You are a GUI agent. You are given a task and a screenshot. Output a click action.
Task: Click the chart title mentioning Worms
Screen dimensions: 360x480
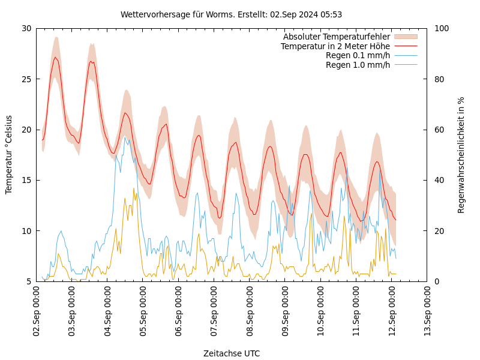[x=231, y=14]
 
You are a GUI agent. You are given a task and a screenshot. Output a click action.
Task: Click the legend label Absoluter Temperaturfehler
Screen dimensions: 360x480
[x=336, y=37]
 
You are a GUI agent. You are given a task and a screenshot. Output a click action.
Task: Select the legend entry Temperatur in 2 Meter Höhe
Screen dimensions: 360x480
[x=335, y=46]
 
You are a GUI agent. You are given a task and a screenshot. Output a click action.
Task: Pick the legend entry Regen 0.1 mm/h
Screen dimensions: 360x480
[x=358, y=56]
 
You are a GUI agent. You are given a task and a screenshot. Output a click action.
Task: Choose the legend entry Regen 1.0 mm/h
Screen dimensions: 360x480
[x=358, y=65]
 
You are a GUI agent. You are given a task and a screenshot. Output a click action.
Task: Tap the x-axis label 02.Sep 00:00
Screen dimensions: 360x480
[x=37, y=312]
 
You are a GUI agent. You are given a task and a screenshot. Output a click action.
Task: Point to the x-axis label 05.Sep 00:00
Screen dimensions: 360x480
[x=143, y=312]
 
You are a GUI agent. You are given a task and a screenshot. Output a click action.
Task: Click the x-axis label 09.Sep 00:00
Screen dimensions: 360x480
[x=285, y=312]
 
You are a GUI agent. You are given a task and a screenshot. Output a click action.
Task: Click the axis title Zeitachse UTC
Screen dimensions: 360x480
[x=232, y=353]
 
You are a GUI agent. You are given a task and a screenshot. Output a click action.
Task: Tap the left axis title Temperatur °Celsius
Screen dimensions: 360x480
[x=9, y=154]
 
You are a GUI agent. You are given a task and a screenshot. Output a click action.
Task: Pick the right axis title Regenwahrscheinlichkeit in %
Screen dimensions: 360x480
[x=461, y=154]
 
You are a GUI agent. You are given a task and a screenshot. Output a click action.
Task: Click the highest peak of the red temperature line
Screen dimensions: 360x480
[x=55, y=58]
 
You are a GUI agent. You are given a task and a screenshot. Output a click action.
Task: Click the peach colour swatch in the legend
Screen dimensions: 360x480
[x=406, y=37]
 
